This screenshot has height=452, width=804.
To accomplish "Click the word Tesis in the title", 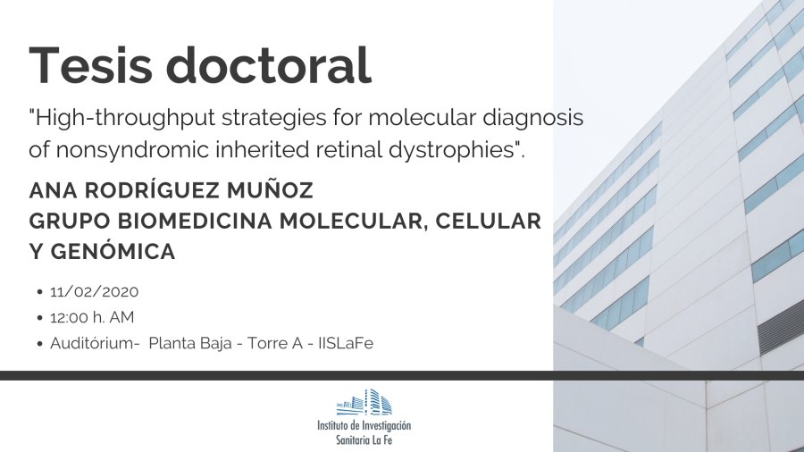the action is point(91,65).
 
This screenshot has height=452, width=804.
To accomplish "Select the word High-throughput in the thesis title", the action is point(122,119).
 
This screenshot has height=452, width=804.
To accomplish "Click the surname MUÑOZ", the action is point(270,189).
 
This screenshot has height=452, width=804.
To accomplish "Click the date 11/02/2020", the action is point(95,291).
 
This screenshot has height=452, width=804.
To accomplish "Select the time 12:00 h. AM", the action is point(92,317).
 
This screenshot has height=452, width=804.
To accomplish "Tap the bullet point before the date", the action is point(40,292).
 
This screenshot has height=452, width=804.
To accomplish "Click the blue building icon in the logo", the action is point(364,402).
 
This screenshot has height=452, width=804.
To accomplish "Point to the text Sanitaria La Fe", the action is point(364,439).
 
